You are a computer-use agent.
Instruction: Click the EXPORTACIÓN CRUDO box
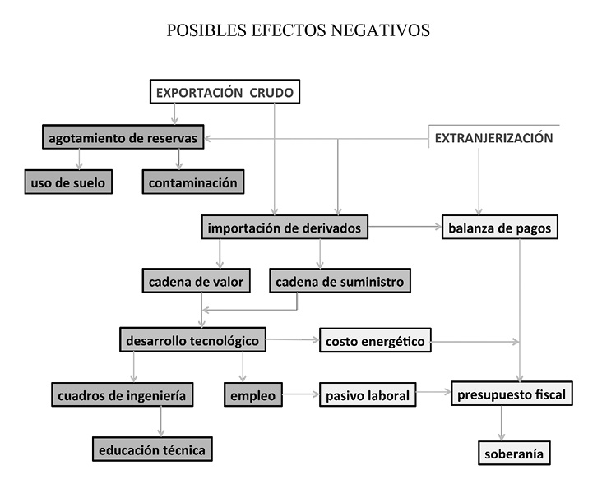(225, 92)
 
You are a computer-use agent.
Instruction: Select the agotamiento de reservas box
(123, 137)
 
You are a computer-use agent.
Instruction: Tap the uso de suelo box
(68, 182)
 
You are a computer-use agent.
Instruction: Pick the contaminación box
(193, 182)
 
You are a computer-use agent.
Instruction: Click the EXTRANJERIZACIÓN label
(493, 138)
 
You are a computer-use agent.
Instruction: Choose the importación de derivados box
(285, 227)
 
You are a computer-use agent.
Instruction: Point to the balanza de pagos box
(500, 227)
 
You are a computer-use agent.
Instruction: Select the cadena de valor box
(197, 281)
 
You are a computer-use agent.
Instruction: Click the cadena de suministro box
(340, 281)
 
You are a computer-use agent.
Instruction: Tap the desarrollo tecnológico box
(192, 339)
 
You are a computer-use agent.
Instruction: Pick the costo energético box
(375, 340)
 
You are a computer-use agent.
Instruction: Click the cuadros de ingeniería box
(122, 394)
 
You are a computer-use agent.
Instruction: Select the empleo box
(253, 394)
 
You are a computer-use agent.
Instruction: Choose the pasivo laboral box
(368, 394)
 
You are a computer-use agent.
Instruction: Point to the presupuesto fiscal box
(512, 394)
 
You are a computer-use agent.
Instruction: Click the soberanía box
(514, 453)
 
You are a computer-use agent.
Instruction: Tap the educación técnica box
(152, 449)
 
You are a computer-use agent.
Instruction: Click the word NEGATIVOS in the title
(381, 30)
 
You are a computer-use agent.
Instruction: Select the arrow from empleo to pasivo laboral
(301, 394)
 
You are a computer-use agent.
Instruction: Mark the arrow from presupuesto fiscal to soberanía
(501, 423)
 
